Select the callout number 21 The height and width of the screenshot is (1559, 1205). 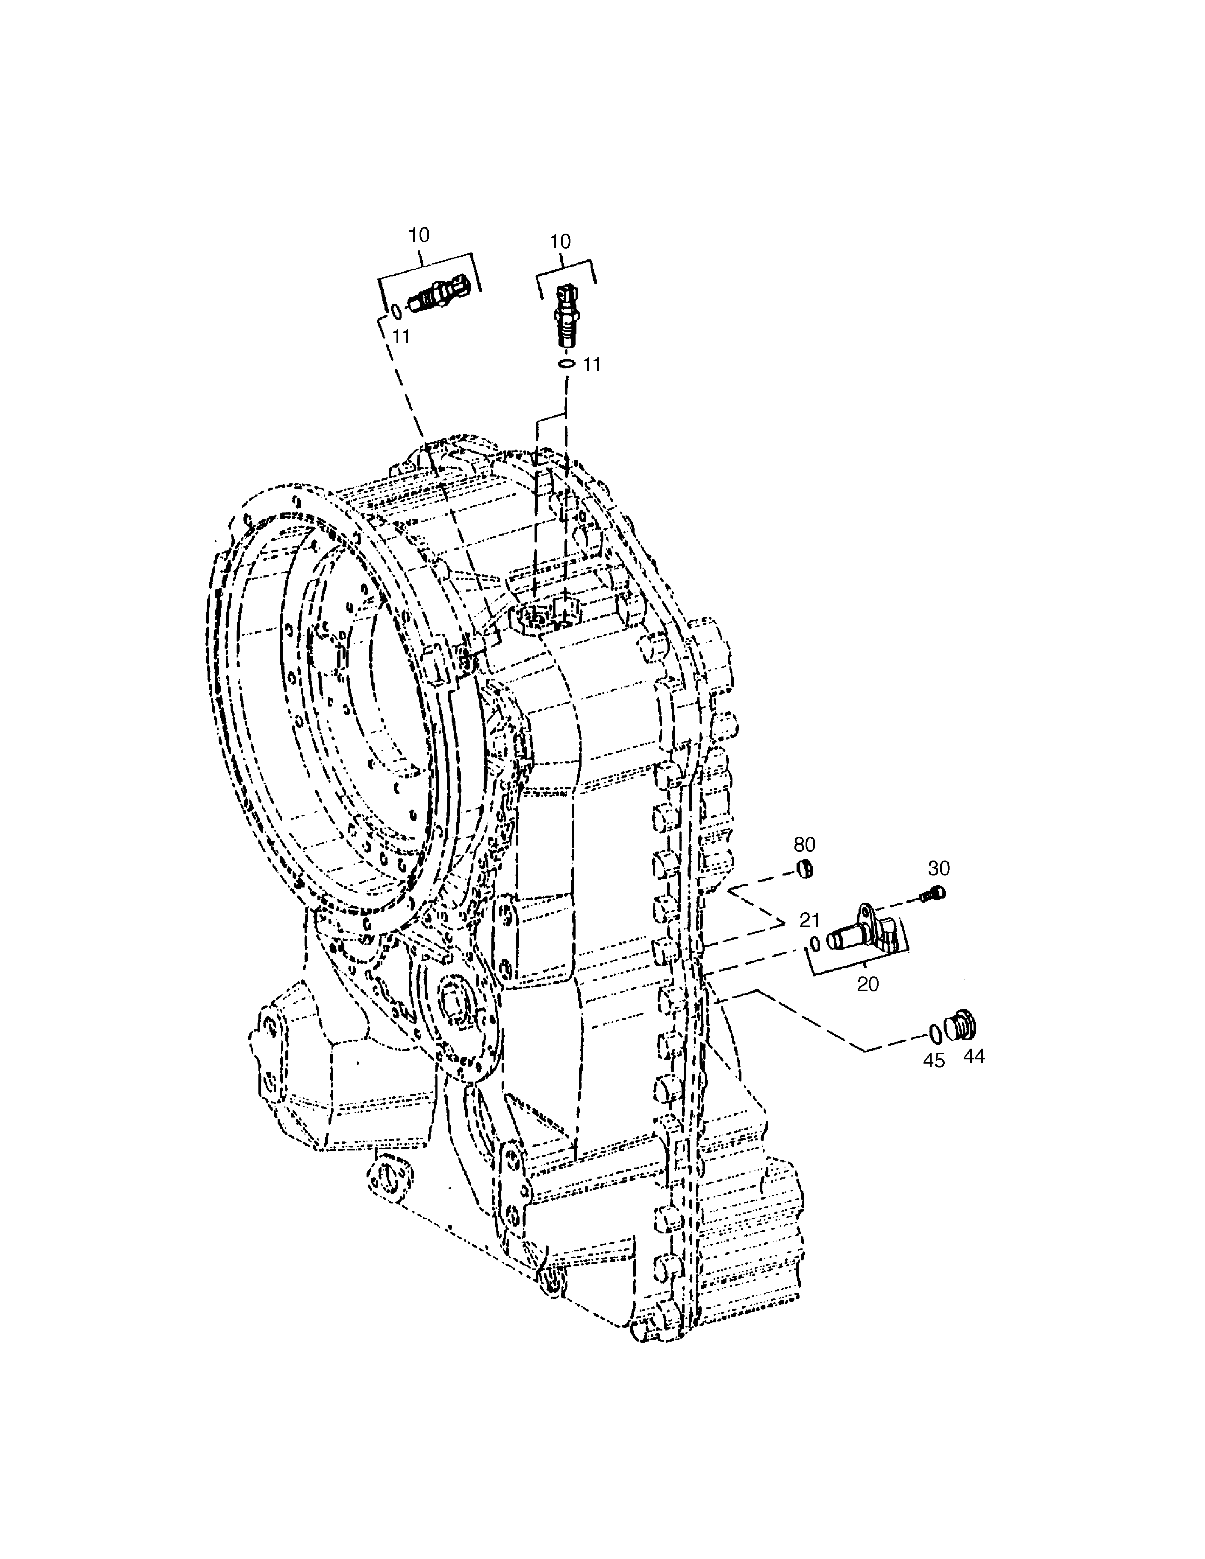[x=809, y=920]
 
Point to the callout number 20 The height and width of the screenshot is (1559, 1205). [x=867, y=984]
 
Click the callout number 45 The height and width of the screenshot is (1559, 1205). [x=934, y=1061]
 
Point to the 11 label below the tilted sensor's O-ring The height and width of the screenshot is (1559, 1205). [x=402, y=336]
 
